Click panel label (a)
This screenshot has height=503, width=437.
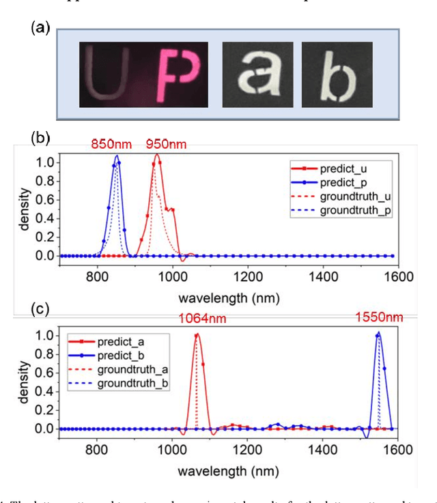40,28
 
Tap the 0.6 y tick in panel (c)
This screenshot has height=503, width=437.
43,373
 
